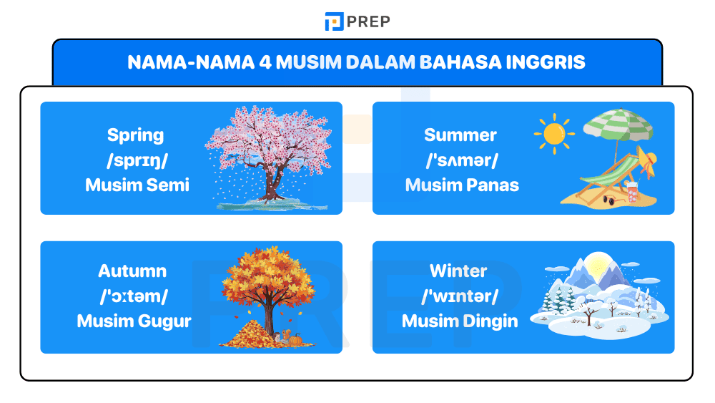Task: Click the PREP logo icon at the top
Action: coord(334,21)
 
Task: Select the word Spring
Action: coord(135,135)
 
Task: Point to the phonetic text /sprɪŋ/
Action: coord(135,160)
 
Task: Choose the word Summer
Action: coord(460,135)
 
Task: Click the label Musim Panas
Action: coord(462,185)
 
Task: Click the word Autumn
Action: coord(132,271)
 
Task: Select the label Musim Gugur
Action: coord(134,321)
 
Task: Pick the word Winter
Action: coord(458,271)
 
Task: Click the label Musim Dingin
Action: coord(460,321)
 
